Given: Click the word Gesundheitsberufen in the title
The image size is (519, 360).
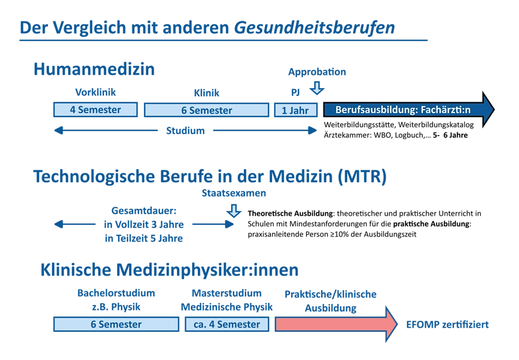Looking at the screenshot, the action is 314,28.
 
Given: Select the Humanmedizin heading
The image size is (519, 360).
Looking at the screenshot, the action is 94,69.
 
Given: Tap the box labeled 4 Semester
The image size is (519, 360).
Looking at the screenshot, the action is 95,110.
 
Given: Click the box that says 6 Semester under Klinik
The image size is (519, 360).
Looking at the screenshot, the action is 206,110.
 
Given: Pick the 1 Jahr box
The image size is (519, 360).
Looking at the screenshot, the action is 296,110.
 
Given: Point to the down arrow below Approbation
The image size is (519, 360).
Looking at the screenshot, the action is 317,88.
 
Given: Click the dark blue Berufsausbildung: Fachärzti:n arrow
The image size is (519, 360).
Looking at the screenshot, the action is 409,110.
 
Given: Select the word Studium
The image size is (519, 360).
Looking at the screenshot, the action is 185,130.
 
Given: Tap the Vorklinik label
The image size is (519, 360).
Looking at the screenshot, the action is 95,92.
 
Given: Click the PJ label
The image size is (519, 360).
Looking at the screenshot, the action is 295,92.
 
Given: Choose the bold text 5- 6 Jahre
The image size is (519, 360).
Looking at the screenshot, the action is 450,135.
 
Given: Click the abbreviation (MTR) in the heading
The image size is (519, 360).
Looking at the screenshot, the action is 362,176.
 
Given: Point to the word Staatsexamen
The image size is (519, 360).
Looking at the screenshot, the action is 234,193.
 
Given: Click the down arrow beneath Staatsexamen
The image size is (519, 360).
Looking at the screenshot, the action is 234,211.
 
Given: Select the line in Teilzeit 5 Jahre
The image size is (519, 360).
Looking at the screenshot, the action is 144,238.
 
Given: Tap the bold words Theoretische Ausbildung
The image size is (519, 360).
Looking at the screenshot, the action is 290,213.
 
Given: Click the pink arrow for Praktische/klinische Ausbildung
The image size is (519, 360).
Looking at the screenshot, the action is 336,324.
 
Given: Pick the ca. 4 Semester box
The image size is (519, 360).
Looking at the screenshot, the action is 227,324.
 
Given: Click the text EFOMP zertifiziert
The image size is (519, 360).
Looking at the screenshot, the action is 447,325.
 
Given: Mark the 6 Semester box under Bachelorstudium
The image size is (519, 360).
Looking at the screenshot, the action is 116,324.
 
